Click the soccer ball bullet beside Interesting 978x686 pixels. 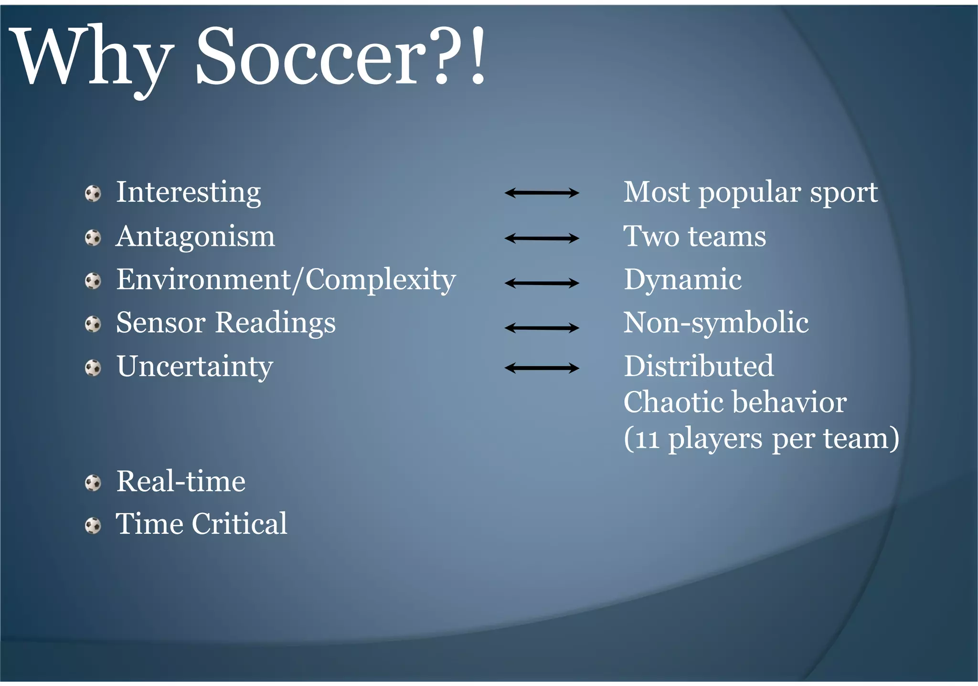pyautogui.click(x=93, y=194)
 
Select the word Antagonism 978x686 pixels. pyautogui.click(x=195, y=236)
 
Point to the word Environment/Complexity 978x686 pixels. pyautogui.click(x=286, y=280)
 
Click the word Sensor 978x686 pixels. pyautogui.click(x=161, y=323)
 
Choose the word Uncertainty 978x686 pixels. pyautogui.click(x=195, y=367)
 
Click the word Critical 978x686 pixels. pyautogui.click(x=239, y=524)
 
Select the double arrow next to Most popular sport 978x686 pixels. pyautogui.click(x=542, y=193)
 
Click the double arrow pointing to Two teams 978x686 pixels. pyautogui.click(x=542, y=238)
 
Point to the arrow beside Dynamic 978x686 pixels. pyautogui.click(x=542, y=283)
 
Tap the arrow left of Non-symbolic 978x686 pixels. pyautogui.click(x=542, y=327)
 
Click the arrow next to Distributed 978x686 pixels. pyautogui.click(x=542, y=368)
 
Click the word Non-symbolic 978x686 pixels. pyautogui.click(x=716, y=323)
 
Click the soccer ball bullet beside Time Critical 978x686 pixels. pyautogui.click(x=93, y=526)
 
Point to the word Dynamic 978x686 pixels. pyautogui.click(x=682, y=280)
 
